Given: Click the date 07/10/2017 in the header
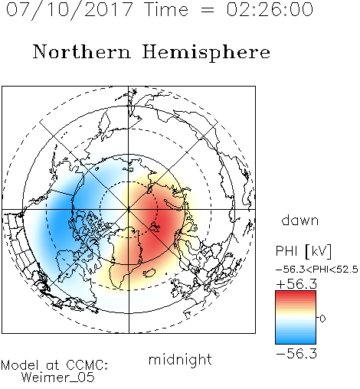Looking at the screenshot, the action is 69,10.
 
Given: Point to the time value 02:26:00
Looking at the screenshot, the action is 270,10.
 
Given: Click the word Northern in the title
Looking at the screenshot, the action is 82,52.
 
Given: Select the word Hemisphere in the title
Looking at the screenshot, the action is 206,53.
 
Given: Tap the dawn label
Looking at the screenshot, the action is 300,221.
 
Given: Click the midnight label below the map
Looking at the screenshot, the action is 180,359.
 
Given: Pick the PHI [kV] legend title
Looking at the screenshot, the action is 304,251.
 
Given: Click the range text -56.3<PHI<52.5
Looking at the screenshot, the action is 317,270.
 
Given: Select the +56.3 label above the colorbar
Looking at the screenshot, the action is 296,284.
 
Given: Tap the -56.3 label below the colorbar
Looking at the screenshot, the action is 296,354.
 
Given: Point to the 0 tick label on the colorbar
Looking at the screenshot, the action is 322,319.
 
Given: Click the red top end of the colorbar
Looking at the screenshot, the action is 296,293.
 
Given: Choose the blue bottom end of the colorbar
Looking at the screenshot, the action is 296,342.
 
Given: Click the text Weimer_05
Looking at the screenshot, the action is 58,378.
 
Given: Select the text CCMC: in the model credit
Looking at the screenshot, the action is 87,365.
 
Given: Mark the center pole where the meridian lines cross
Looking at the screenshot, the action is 129,209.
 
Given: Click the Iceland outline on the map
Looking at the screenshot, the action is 149,273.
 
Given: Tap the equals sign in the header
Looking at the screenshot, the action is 207,10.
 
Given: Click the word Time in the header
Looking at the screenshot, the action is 166,10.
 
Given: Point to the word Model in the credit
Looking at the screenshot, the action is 20,365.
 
